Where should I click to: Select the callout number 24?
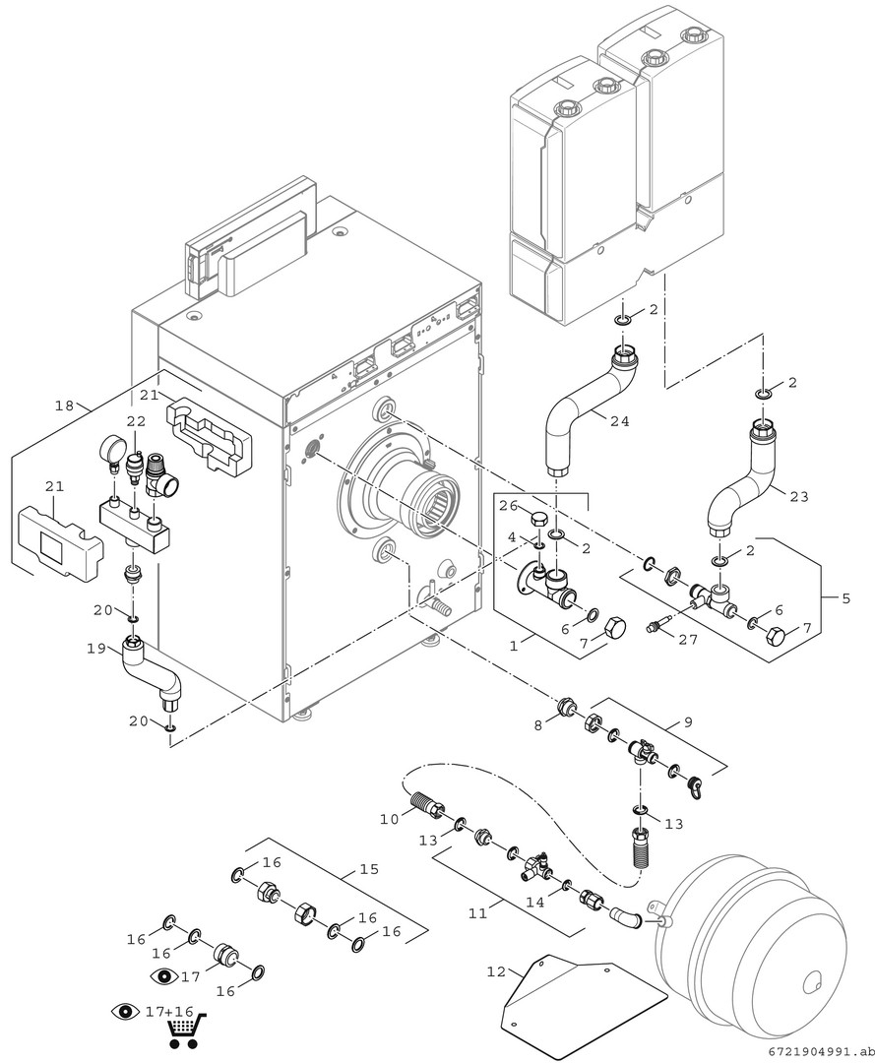(619, 421)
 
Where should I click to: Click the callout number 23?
(799, 496)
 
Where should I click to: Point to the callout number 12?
(496, 971)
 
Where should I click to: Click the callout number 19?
(96, 648)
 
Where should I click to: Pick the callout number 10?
(389, 819)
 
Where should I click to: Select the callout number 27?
(687, 639)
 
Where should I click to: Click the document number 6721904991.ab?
(821, 1051)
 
